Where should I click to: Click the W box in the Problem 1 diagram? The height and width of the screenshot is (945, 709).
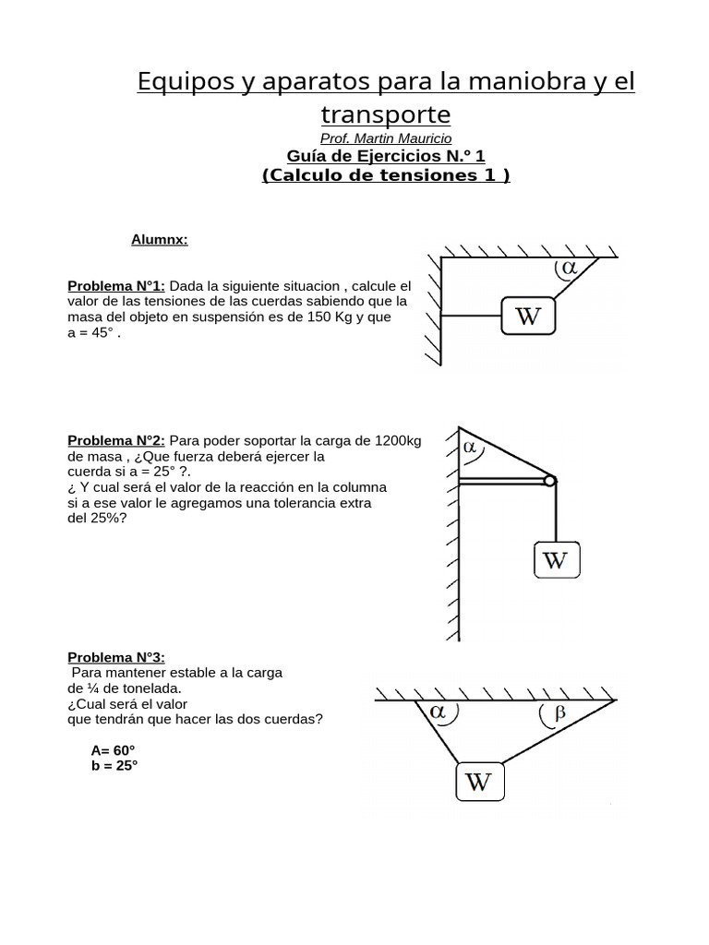[527, 317]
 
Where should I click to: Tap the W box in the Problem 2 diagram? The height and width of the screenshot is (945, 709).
[557, 560]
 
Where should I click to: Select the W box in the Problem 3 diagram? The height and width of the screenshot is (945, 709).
[478, 783]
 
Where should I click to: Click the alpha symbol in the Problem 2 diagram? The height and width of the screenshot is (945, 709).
[470, 448]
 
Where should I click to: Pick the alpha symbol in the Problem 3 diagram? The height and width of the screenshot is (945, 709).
[437, 712]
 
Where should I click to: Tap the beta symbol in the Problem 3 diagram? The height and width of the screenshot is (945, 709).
[558, 712]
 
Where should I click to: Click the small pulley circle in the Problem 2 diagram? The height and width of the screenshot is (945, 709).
[550, 480]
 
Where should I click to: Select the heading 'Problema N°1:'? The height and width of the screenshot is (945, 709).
[116, 286]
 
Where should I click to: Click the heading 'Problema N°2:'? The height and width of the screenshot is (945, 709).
[116, 440]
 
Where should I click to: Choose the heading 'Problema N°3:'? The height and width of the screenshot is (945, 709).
[116, 657]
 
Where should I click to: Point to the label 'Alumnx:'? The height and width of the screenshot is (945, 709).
[159, 240]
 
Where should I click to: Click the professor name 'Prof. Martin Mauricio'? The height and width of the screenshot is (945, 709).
[386, 138]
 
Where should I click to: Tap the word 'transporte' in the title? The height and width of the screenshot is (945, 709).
[386, 114]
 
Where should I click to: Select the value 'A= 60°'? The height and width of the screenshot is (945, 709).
[113, 750]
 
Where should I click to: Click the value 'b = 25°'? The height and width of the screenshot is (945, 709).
[114, 766]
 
